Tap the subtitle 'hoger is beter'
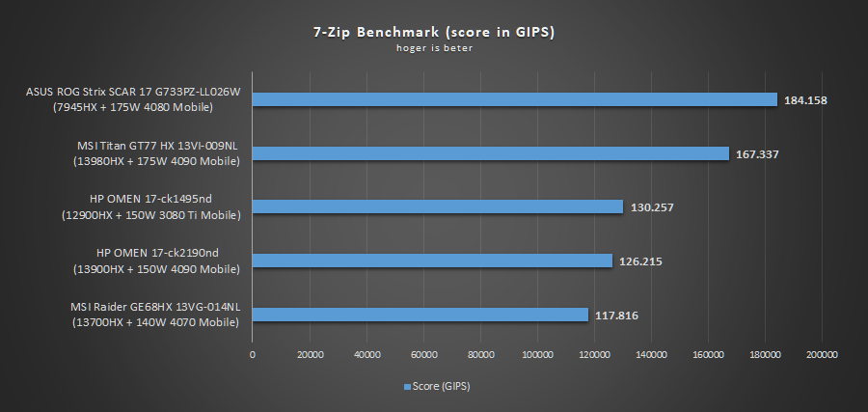pos(433,48)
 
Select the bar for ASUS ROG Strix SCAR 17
pos(515,99)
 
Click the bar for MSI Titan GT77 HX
pos(491,153)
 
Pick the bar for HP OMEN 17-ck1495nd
pos(438,206)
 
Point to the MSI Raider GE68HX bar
pos(420,315)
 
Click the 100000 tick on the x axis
pos(537,355)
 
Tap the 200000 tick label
pos(822,355)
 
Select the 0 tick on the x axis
pos(253,355)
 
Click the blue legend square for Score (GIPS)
pos(408,387)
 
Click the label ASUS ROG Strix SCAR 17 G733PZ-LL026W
pos(133,93)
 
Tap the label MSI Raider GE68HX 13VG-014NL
pos(154,307)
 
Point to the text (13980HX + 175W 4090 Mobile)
pos(156,161)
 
